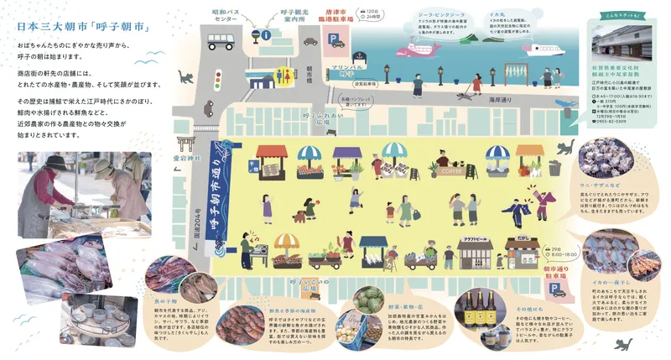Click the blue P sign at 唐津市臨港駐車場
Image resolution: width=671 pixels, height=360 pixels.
tap(335, 39)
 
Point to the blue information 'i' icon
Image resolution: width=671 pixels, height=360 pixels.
tap(266, 35)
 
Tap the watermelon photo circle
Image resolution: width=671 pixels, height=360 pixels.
tap(369, 299)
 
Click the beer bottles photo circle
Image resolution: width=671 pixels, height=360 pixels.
tap(482, 307)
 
